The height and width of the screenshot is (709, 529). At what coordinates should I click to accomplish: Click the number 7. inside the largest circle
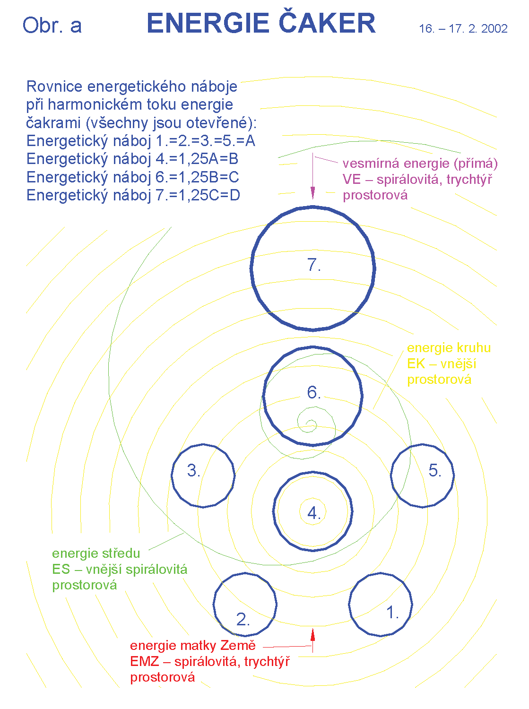coord(314,265)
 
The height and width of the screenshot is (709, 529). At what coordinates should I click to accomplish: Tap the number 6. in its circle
coord(314,392)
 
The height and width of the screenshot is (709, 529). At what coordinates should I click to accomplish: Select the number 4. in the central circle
coord(314,513)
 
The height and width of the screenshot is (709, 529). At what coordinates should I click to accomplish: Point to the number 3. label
coord(194,470)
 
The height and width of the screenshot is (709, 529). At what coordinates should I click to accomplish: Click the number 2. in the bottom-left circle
coord(243,619)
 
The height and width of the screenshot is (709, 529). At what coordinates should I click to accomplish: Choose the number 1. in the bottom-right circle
coord(393,613)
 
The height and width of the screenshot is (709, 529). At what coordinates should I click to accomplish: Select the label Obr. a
coord(52,26)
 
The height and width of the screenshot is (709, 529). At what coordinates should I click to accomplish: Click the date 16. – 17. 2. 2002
coord(463,29)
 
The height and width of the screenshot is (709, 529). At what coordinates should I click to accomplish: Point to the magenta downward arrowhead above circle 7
coord(312,192)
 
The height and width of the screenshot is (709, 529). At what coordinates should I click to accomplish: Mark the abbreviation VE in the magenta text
coord(352,180)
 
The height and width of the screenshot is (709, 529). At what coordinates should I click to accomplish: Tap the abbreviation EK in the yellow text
coord(416,363)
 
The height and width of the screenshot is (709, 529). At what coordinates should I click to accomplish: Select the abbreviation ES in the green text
coord(61,569)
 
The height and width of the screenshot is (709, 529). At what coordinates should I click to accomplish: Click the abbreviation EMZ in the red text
coord(144,661)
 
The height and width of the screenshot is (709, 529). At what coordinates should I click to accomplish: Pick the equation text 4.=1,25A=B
coord(197,159)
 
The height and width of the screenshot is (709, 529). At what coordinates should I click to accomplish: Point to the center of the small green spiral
coord(311,424)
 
